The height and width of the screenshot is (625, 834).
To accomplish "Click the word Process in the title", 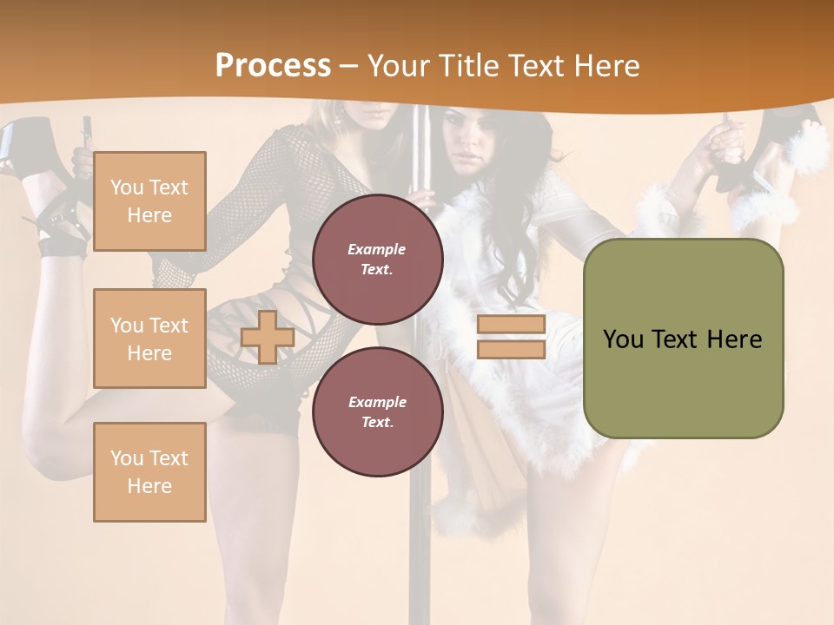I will point(273,66).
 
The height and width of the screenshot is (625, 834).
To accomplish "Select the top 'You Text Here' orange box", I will point(149,201).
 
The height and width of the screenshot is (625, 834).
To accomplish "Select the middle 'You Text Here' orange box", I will point(149,339).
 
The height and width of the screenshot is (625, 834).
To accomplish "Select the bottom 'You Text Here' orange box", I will point(149,471).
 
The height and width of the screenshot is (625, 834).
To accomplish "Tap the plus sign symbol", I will point(268,337).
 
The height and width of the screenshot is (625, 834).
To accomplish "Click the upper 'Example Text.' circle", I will point(377,259).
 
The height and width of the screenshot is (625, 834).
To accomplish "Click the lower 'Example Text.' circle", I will point(377,411).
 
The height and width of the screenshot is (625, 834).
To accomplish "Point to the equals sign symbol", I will point(511,337).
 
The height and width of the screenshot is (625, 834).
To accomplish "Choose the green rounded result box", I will point(683,339).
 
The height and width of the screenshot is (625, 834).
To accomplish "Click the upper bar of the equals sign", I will point(511,325).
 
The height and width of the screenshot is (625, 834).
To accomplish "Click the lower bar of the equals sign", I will point(511,349).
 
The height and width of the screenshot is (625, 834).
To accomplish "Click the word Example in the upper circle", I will point(377,249).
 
